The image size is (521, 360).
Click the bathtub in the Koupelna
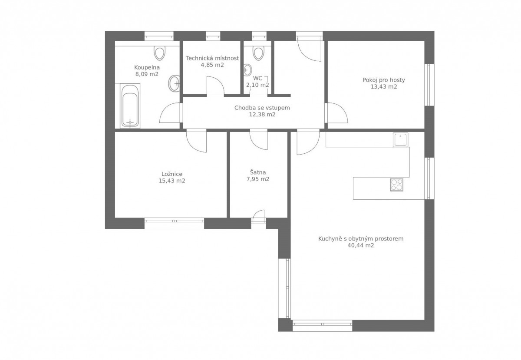tap(130, 106)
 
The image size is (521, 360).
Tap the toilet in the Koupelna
tap(159, 53)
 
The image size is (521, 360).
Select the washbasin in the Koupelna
tap(174, 83)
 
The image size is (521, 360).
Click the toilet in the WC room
tap(258, 53)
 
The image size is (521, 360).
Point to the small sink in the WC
tap(247, 70)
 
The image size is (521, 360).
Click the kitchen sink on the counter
tap(400, 140)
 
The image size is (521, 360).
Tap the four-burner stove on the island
tap(397, 185)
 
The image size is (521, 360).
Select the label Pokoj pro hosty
tap(384, 80)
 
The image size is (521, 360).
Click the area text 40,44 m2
tap(361, 245)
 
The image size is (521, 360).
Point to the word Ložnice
tap(172, 174)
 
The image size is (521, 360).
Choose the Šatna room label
tap(258, 172)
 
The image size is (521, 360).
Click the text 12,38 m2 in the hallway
tap(262, 115)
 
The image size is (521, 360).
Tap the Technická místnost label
tap(212, 58)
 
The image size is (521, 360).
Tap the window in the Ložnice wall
tap(174, 223)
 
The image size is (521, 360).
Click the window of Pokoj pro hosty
tap(429, 85)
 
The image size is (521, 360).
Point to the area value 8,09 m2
tap(147, 74)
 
